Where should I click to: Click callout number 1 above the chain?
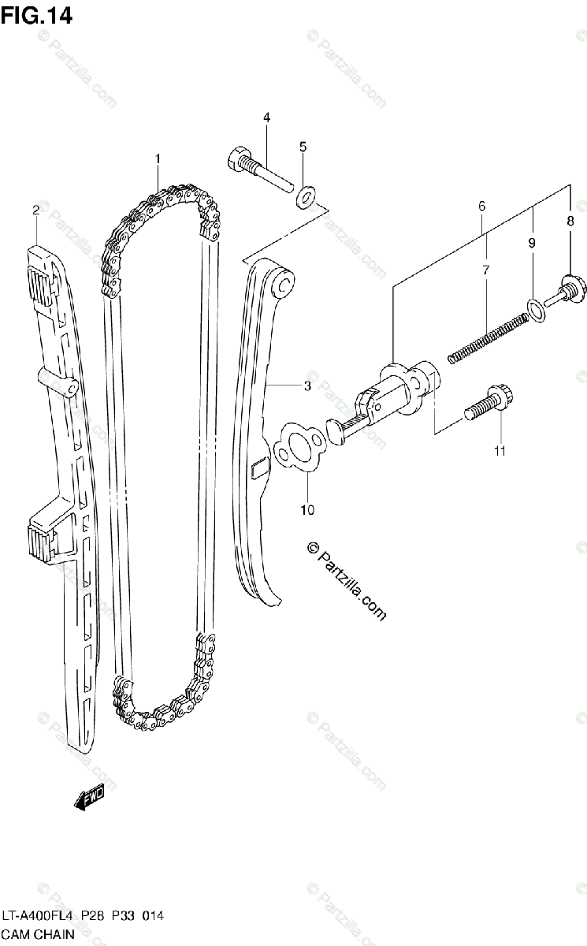coord(158,158)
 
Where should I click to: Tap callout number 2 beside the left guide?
coord(36,209)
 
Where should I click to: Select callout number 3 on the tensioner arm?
coord(307,386)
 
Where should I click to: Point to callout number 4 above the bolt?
coord(266,117)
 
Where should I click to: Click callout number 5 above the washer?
coord(303,147)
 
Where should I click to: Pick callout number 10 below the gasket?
coord(307,510)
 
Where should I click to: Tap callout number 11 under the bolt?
coord(500,451)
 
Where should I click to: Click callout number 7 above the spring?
coord(486,270)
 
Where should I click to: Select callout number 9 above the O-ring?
coord(531,243)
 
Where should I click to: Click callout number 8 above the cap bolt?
coord(570,222)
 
